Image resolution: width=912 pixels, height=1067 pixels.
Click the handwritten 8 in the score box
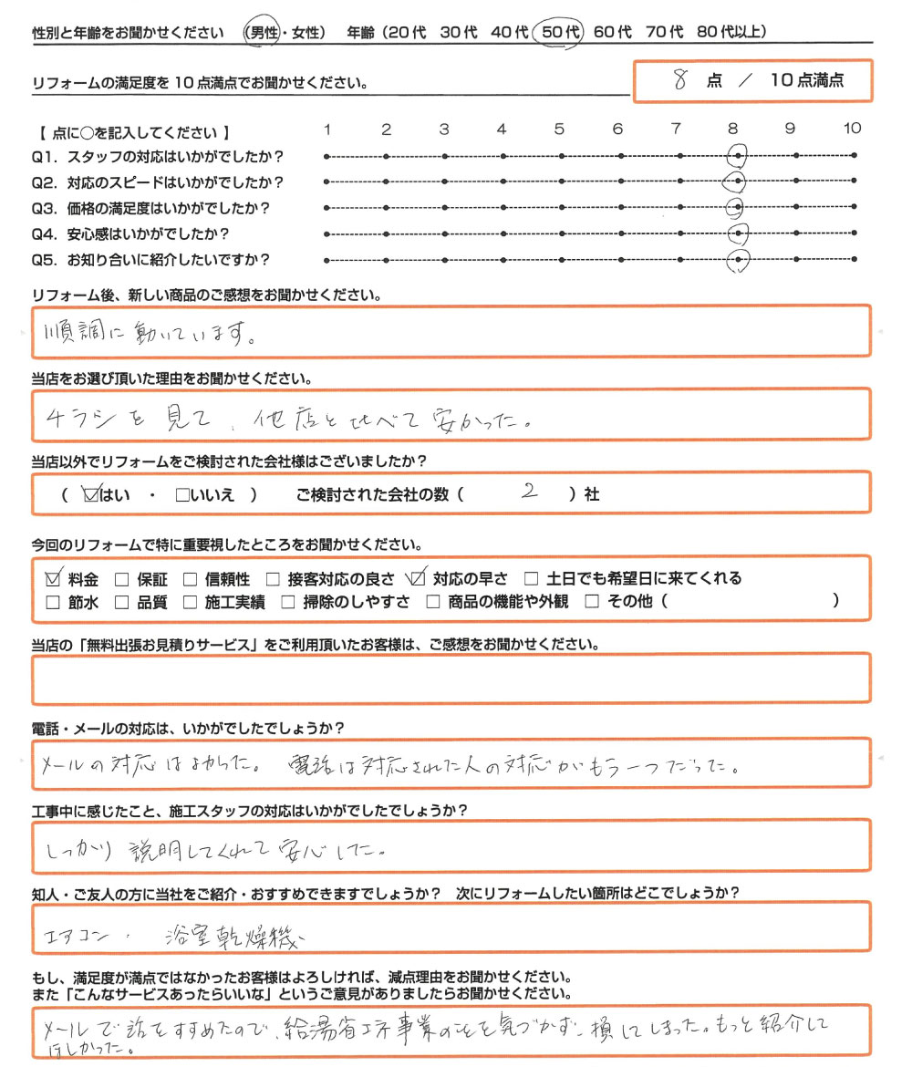click(679, 79)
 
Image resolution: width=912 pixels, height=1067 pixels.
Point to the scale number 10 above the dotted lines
click(852, 129)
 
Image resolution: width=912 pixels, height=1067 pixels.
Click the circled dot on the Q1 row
click(738, 156)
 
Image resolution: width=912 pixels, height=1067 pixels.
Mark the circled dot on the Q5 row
click(738, 262)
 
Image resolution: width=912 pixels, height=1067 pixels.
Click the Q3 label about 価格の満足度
click(150, 208)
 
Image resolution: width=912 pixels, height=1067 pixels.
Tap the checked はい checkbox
click(90, 495)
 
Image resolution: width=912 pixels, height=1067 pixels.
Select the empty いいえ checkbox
click(181, 495)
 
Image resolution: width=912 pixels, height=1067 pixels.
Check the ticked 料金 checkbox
click(53, 578)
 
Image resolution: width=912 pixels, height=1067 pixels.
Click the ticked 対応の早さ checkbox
click(419, 578)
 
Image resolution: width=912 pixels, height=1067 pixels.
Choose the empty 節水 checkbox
click(53, 602)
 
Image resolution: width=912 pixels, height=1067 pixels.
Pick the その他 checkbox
click(592, 602)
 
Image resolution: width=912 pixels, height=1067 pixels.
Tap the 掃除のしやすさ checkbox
click(288, 602)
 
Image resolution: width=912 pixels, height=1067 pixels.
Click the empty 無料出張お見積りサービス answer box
click(451, 680)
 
